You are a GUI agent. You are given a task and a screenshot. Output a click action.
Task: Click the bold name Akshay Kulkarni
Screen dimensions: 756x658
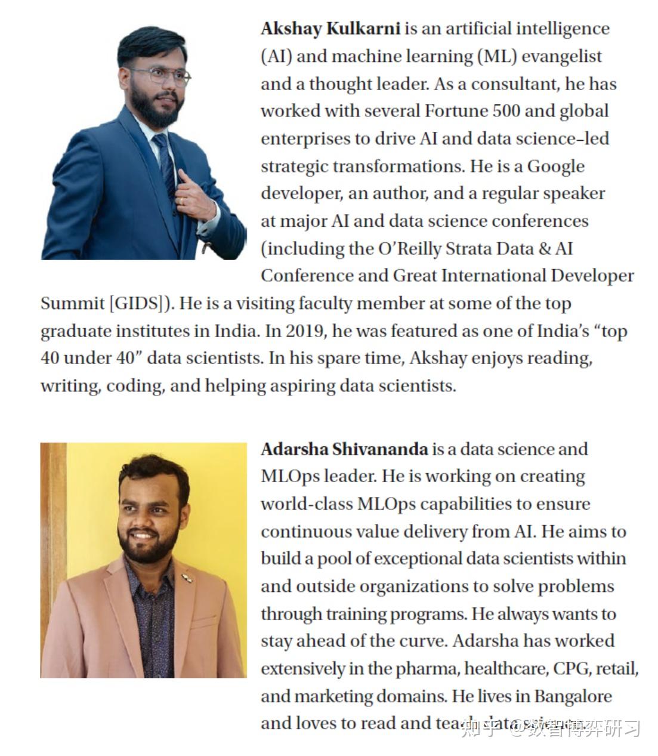pos(330,29)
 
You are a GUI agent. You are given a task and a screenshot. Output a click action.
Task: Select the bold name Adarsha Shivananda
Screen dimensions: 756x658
pos(344,449)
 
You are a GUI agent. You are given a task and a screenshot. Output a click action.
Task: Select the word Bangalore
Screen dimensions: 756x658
pos(573,696)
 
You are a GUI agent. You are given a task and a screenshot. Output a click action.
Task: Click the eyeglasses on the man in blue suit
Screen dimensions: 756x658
pos(159,76)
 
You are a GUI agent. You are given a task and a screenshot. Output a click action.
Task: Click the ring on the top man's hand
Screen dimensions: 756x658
pos(183,201)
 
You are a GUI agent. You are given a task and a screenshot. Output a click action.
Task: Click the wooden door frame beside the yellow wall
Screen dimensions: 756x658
pos(53,537)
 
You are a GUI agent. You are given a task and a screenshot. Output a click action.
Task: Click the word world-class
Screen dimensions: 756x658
pos(306,504)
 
